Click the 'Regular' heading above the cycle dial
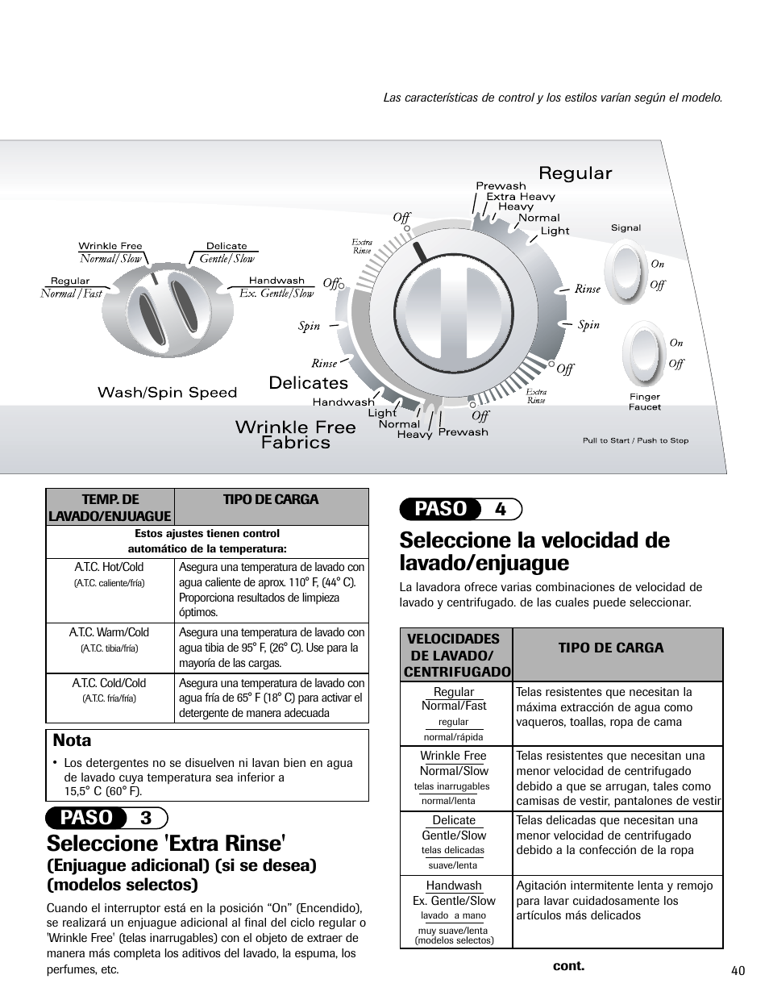(575, 173)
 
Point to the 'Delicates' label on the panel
(309, 383)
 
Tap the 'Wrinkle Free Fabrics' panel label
(295, 435)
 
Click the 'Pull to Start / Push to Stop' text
(635, 440)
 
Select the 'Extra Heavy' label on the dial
(520, 196)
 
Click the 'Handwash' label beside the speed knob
(276, 281)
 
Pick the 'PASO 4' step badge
(461, 509)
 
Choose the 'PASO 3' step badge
(107, 818)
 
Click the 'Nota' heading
(72, 740)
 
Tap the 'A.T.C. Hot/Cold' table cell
(110, 573)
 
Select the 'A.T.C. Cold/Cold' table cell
(110, 690)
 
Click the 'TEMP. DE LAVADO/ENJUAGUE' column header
(110, 507)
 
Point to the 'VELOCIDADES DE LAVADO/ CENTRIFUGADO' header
(457, 655)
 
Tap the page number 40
(738, 970)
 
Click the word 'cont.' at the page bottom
(567, 965)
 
